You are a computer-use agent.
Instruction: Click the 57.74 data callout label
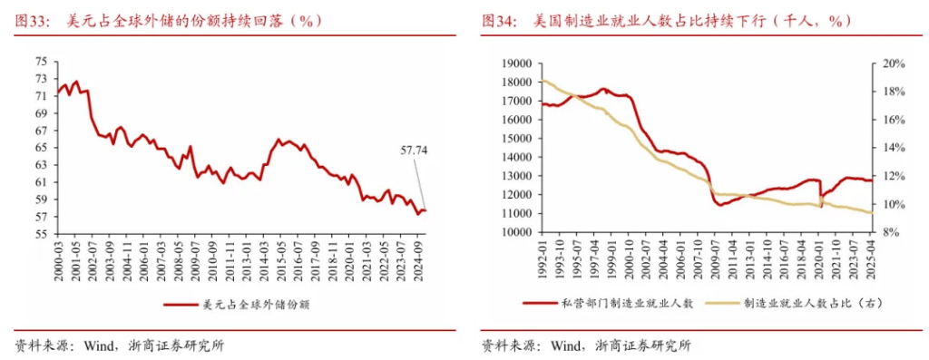(x=414, y=151)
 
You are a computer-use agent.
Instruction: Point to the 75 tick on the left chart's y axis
(x=41, y=62)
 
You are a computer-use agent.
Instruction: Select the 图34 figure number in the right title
(x=500, y=20)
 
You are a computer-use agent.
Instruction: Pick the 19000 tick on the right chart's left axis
(x=514, y=63)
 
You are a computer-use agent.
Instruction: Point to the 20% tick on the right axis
(x=893, y=63)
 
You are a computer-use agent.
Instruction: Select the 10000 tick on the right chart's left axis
(x=514, y=232)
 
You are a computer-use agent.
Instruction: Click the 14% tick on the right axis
(x=893, y=148)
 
